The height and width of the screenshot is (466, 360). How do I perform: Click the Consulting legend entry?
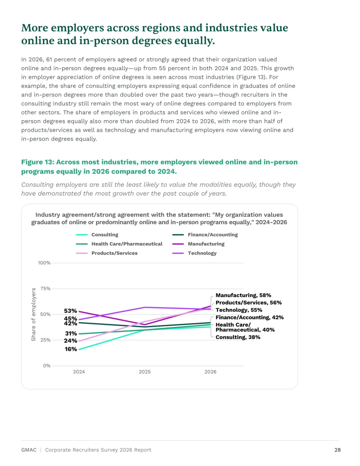click(97, 235)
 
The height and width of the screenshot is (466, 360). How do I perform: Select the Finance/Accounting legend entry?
click(205, 235)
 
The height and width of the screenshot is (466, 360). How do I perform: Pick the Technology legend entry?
click(194, 253)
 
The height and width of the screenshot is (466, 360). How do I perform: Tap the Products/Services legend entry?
click(107, 253)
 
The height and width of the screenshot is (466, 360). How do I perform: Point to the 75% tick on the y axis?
click(45, 288)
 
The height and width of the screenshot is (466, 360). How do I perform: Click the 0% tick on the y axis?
click(47, 366)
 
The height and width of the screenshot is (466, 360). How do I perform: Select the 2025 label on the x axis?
click(145, 372)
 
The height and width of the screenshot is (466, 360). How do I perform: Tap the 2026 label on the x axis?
click(210, 372)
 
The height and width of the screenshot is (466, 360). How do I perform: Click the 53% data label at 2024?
click(70, 311)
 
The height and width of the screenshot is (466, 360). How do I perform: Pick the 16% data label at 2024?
click(71, 349)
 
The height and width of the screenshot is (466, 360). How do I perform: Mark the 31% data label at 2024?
click(71, 333)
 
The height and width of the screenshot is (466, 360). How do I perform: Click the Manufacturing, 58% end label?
click(243, 295)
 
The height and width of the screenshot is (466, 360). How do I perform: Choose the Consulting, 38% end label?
click(238, 337)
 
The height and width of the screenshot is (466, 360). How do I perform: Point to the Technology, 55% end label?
click(239, 310)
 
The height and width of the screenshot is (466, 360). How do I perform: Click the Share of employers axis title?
click(33, 314)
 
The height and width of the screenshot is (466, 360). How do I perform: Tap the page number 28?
click(337, 450)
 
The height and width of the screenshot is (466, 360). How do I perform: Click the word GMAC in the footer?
click(29, 450)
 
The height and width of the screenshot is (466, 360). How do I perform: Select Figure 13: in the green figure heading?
click(38, 162)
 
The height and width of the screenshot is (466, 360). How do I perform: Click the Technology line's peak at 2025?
click(145, 307)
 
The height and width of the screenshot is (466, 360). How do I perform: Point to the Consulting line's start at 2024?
click(79, 349)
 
